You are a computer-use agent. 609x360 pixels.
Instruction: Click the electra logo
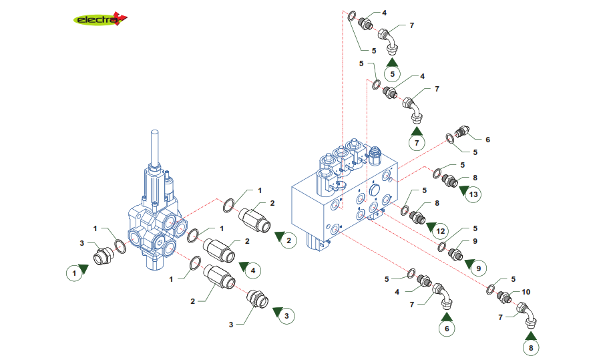point(99,19)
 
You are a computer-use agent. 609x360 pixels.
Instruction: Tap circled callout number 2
point(288,240)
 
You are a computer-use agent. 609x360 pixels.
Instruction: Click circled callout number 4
point(252,271)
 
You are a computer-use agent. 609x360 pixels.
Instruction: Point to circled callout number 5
point(393,73)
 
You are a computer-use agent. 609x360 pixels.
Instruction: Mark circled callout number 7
point(417,142)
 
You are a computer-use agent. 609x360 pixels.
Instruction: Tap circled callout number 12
point(439,231)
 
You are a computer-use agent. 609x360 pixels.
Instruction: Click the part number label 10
point(526,292)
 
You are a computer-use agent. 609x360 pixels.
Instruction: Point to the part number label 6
point(487,140)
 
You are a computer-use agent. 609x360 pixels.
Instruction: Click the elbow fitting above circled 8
point(527,313)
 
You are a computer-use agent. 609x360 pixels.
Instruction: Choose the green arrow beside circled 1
point(84,269)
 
